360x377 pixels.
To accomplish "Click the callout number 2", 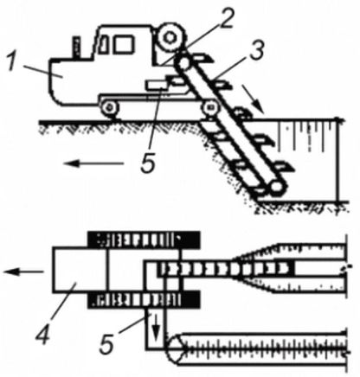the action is pos(225,18).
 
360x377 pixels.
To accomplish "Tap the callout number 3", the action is pos(256,51).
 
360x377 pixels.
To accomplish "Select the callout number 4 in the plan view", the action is pos(42,334).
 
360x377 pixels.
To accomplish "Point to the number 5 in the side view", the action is pos(148,163).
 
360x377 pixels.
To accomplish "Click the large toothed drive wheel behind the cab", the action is pos(170,37).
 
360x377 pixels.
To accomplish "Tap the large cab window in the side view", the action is pos(124,44).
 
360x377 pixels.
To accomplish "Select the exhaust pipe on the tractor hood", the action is pos(76,48).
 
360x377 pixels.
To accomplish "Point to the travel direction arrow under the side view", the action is pos(93,163).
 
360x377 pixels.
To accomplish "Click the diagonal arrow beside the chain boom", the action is pos(253,99).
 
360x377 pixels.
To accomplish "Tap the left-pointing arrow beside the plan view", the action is pos(23,272).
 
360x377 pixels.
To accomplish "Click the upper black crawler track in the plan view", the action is pos(144,240).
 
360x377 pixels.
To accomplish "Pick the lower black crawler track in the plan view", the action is pos(144,299).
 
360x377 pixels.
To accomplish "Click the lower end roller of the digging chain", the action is pos(276,187).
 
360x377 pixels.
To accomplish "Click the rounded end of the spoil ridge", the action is pos(172,348).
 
